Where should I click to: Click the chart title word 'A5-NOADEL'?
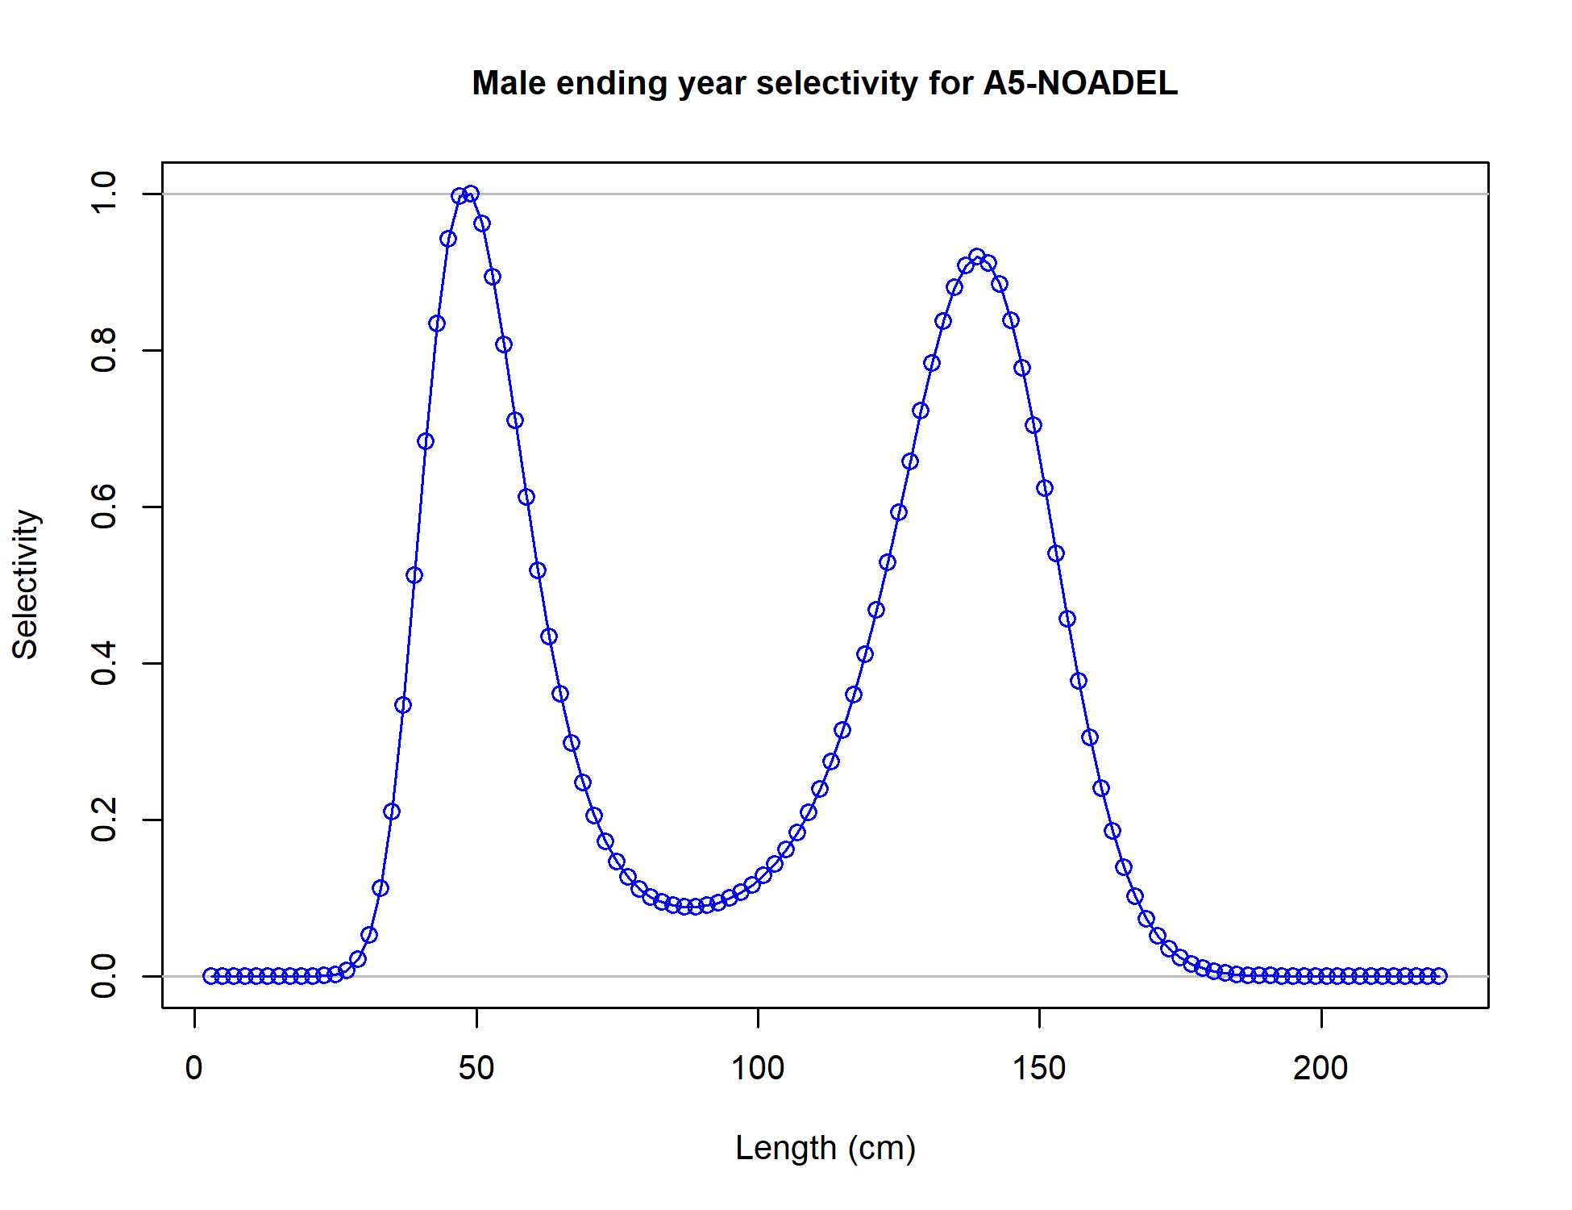tap(1080, 83)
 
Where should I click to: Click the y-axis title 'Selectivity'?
tap(26, 584)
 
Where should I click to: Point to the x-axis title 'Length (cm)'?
tap(825, 1147)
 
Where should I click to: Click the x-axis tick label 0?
tap(193, 1068)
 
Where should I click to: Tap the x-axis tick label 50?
tap(476, 1068)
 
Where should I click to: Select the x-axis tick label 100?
tap(757, 1068)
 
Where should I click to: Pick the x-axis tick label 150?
tap(1039, 1068)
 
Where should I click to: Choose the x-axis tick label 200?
tap(1320, 1068)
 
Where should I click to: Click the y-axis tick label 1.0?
tap(105, 193)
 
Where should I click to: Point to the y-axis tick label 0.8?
tap(105, 350)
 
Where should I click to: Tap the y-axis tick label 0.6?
tap(105, 507)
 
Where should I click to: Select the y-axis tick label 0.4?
tap(105, 663)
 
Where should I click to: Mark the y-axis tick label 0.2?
tap(105, 820)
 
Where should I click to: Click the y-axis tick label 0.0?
tap(105, 976)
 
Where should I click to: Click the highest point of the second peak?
tap(977, 257)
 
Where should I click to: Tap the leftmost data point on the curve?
tap(211, 976)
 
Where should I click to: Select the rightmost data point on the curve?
tap(1440, 976)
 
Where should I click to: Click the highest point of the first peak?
tap(471, 194)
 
